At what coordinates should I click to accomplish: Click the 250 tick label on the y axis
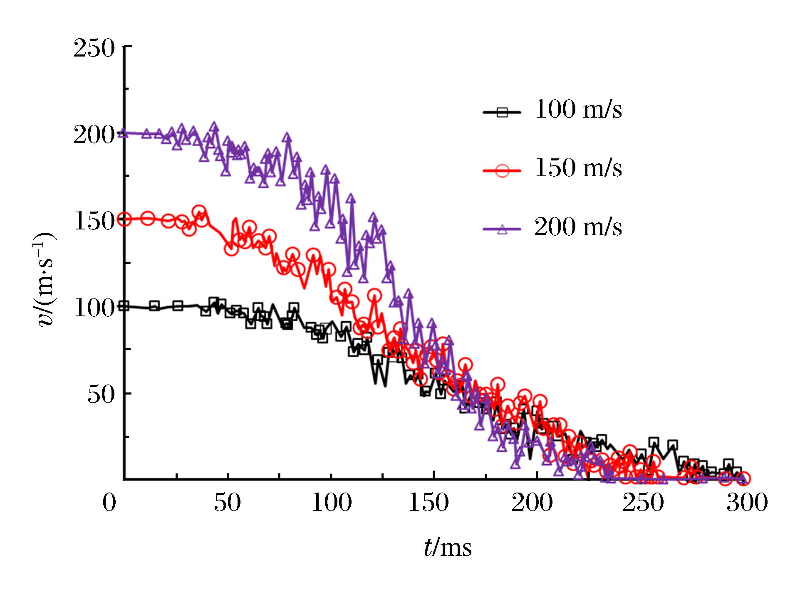tap(94, 48)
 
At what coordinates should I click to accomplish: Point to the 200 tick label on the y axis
tap(94, 135)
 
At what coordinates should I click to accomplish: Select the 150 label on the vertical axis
tap(94, 221)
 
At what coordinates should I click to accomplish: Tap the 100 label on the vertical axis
tap(94, 308)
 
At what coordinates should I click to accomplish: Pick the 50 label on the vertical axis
tap(101, 394)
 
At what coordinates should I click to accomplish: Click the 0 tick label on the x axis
tap(109, 503)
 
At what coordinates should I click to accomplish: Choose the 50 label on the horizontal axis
tap(227, 503)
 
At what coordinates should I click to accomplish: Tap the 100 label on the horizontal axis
tap(332, 503)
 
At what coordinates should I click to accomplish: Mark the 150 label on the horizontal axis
tap(428, 503)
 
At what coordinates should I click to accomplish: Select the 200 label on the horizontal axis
tap(532, 503)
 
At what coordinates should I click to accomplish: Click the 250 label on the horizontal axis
tap(643, 503)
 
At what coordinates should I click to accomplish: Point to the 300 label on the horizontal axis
tap(747, 503)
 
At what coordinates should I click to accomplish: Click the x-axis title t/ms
tap(448, 547)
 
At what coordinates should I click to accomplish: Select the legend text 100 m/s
tap(578, 110)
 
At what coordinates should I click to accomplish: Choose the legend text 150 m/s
tap(578, 168)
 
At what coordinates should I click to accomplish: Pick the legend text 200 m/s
tap(578, 227)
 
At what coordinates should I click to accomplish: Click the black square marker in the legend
tap(502, 112)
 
